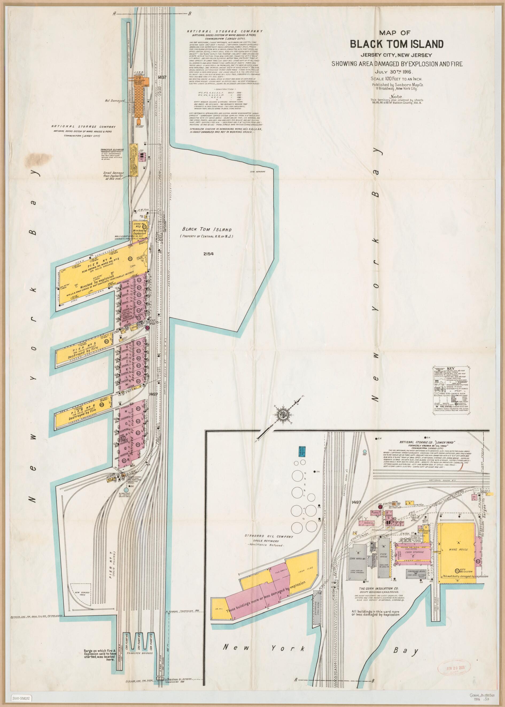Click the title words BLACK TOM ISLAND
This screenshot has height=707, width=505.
[x=397, y=44]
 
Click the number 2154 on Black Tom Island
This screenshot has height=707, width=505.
[x=209, y=253]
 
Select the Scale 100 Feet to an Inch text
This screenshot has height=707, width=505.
[x=396, y=79]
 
